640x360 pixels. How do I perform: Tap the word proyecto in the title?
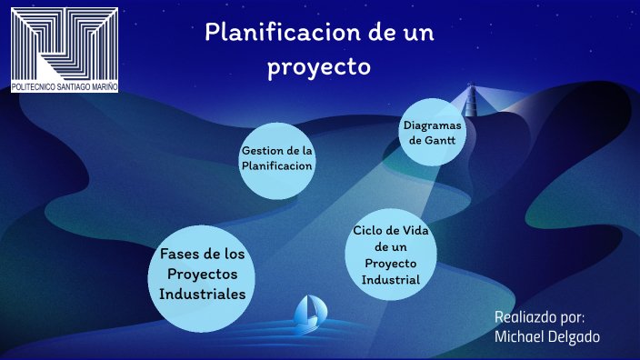(x=319, y=66)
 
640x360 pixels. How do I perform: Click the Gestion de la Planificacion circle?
(x=276, y=158)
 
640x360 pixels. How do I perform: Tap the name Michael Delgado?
(x=547, y=336)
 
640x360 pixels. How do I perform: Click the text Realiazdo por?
(x=539, y=316)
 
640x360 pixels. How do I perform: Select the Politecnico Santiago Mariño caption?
(x=64, y=87)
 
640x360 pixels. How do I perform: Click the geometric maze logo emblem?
(x=65, y=43)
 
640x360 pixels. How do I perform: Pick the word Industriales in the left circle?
(x=202, y=295)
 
